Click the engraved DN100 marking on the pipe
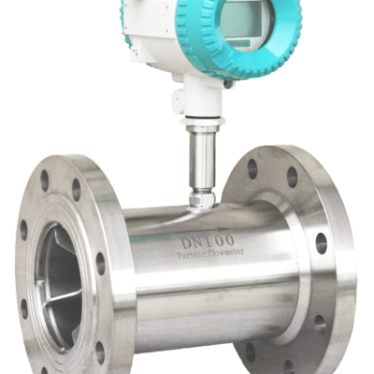click(x=208, y=241)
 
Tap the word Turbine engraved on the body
click(x=190, y=254)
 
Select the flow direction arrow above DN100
click(x=202, y=230)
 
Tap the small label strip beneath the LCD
click(x=237, y=43)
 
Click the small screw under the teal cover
click(x=228, y=84)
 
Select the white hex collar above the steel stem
click(x=203, y=122)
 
